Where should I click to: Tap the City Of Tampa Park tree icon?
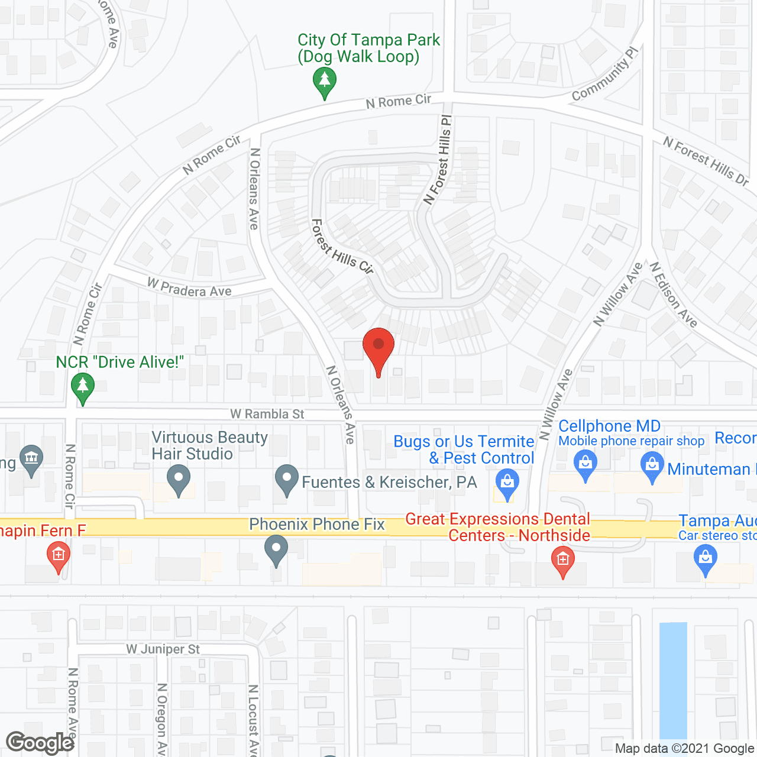(324, 81)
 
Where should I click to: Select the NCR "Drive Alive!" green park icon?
(83, 388)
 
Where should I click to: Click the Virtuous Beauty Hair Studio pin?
(179, 480)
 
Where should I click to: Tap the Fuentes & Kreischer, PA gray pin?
(287, 480)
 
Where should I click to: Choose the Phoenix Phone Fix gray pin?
(276, 549)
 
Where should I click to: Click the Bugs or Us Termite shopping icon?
(507, 483)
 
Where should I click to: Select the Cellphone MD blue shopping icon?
(585, 465)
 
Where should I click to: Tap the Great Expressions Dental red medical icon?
(562, 560)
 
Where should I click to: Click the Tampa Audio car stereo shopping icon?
(705, 559)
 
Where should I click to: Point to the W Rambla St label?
(267, 414)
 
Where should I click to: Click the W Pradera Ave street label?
(189, 288)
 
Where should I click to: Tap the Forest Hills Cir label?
(343, 247)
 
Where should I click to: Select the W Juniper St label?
(163, 649)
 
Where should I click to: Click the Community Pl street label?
(606, 73)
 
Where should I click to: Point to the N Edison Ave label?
(674, 295)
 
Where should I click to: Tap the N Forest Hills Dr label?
(706, 160)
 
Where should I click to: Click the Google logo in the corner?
(40, 743)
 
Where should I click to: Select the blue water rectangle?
(673, 680)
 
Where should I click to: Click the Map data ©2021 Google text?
(684, 749)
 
